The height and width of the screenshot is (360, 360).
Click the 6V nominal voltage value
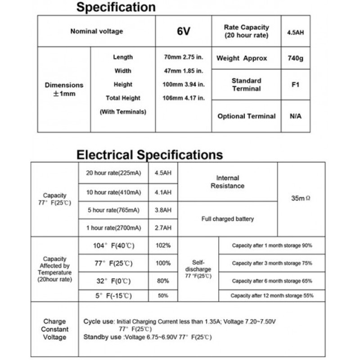[184, 31]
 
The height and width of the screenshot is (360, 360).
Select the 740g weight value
[295, 58]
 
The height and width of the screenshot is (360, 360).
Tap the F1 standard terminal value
[295, 85]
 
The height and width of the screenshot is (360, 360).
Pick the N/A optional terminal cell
[295, 116]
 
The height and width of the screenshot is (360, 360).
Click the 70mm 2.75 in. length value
[183, 57]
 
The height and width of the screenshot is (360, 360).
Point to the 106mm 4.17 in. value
[183, 98]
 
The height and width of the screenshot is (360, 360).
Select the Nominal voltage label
[96, 31]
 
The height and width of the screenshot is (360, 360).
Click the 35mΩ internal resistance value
[301, 198]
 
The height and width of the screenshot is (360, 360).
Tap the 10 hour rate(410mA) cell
[113, 192]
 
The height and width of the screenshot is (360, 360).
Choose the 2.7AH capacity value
[163, 228]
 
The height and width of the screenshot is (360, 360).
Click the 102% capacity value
[163, 246]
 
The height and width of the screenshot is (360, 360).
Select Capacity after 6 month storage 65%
[272, 281]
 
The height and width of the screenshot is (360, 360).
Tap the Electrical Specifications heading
[149, 155]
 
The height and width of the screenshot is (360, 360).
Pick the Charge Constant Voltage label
[54, 329]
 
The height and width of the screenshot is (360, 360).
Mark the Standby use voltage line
[148, 337]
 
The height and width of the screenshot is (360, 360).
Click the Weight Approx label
[242, 58]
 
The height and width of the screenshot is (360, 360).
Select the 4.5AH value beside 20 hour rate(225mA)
[163, 173]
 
